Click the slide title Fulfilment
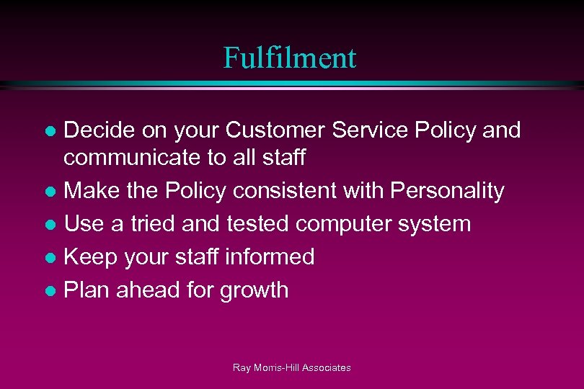pyautogui.click(x=289, y=58)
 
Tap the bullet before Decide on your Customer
pyautogui.click(x=50, y=132)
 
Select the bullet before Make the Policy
pyautogui.click(x=50, y=192)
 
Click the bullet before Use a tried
pyautogui.click(x=50, y=225)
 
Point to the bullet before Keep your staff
pyautogui.click(x=50, y=258)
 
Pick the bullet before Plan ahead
pyautogui.click(x=50, y=291)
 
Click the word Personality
pyautogui.click(x=447, y=191)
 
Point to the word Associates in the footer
pyautogui.click(x=326, y=368)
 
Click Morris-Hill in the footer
pyautogui.click(x=275, y=368)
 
